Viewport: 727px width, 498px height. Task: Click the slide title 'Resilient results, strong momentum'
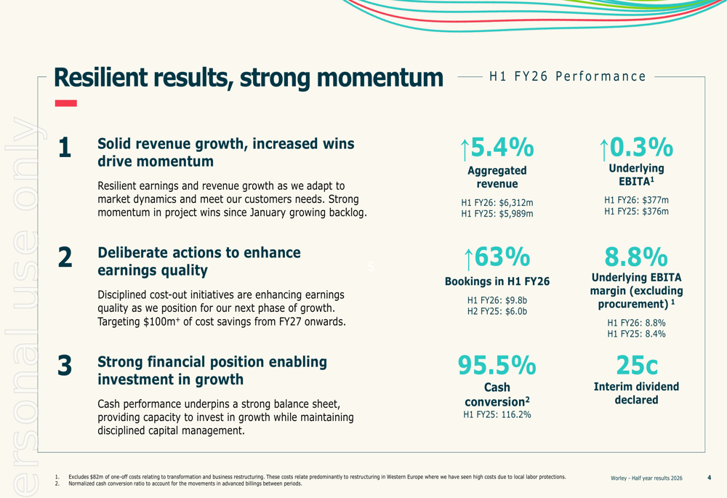tap(248, 78)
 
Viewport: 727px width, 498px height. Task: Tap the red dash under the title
tap(65, 103)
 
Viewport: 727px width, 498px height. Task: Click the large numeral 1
tap(65, 148)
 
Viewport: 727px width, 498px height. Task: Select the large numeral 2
tap(65, 257)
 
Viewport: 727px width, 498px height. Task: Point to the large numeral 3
tap(65, 366)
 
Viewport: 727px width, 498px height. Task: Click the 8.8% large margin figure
tap(636, 257)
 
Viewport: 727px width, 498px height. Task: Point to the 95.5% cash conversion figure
tap(497, 365)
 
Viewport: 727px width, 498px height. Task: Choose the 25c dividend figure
tap(636, 365)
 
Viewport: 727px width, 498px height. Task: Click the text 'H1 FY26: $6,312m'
tap(497, 202)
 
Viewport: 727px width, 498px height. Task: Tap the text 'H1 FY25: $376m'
tap(636, 212)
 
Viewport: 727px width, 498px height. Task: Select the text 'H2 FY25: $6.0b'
tap(497, 311)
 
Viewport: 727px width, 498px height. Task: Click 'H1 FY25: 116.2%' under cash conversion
tap(497, 415)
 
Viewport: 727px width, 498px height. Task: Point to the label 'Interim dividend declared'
tap(636, 393)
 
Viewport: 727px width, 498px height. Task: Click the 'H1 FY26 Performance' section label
tap(568, 76)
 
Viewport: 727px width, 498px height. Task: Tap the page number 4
tap(709, 478)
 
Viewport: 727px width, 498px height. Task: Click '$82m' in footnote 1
tap(96, 477)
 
